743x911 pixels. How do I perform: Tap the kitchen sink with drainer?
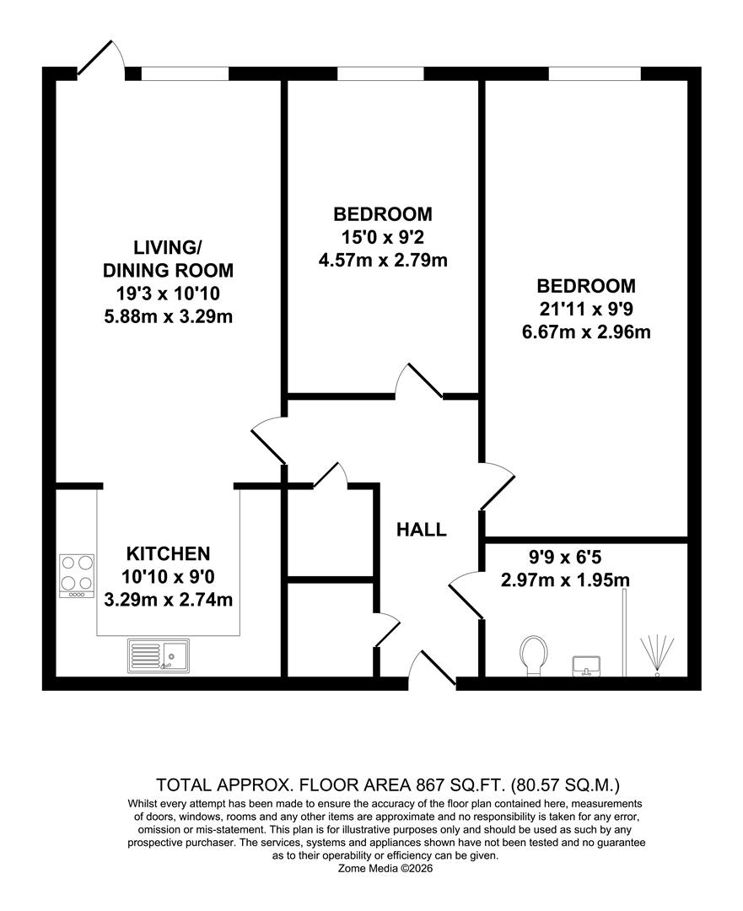(159, 655)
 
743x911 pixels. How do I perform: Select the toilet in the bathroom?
(532, 655)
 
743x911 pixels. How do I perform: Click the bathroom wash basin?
(587, 665)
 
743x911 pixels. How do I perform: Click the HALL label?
(422, 531)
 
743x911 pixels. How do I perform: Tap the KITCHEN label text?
(168, 554)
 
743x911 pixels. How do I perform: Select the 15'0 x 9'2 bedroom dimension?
(382, 237)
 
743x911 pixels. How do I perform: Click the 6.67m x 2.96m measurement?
(586, 332)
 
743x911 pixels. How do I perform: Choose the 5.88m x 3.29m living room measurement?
(168, 317)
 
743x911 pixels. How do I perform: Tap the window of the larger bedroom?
(595, 73)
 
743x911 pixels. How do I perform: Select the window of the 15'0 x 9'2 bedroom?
(380, 73)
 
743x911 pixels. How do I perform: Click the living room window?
(185, 73)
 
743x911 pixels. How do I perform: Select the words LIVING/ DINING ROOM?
(168, 259)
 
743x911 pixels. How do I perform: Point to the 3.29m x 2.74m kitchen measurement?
(168, 601)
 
